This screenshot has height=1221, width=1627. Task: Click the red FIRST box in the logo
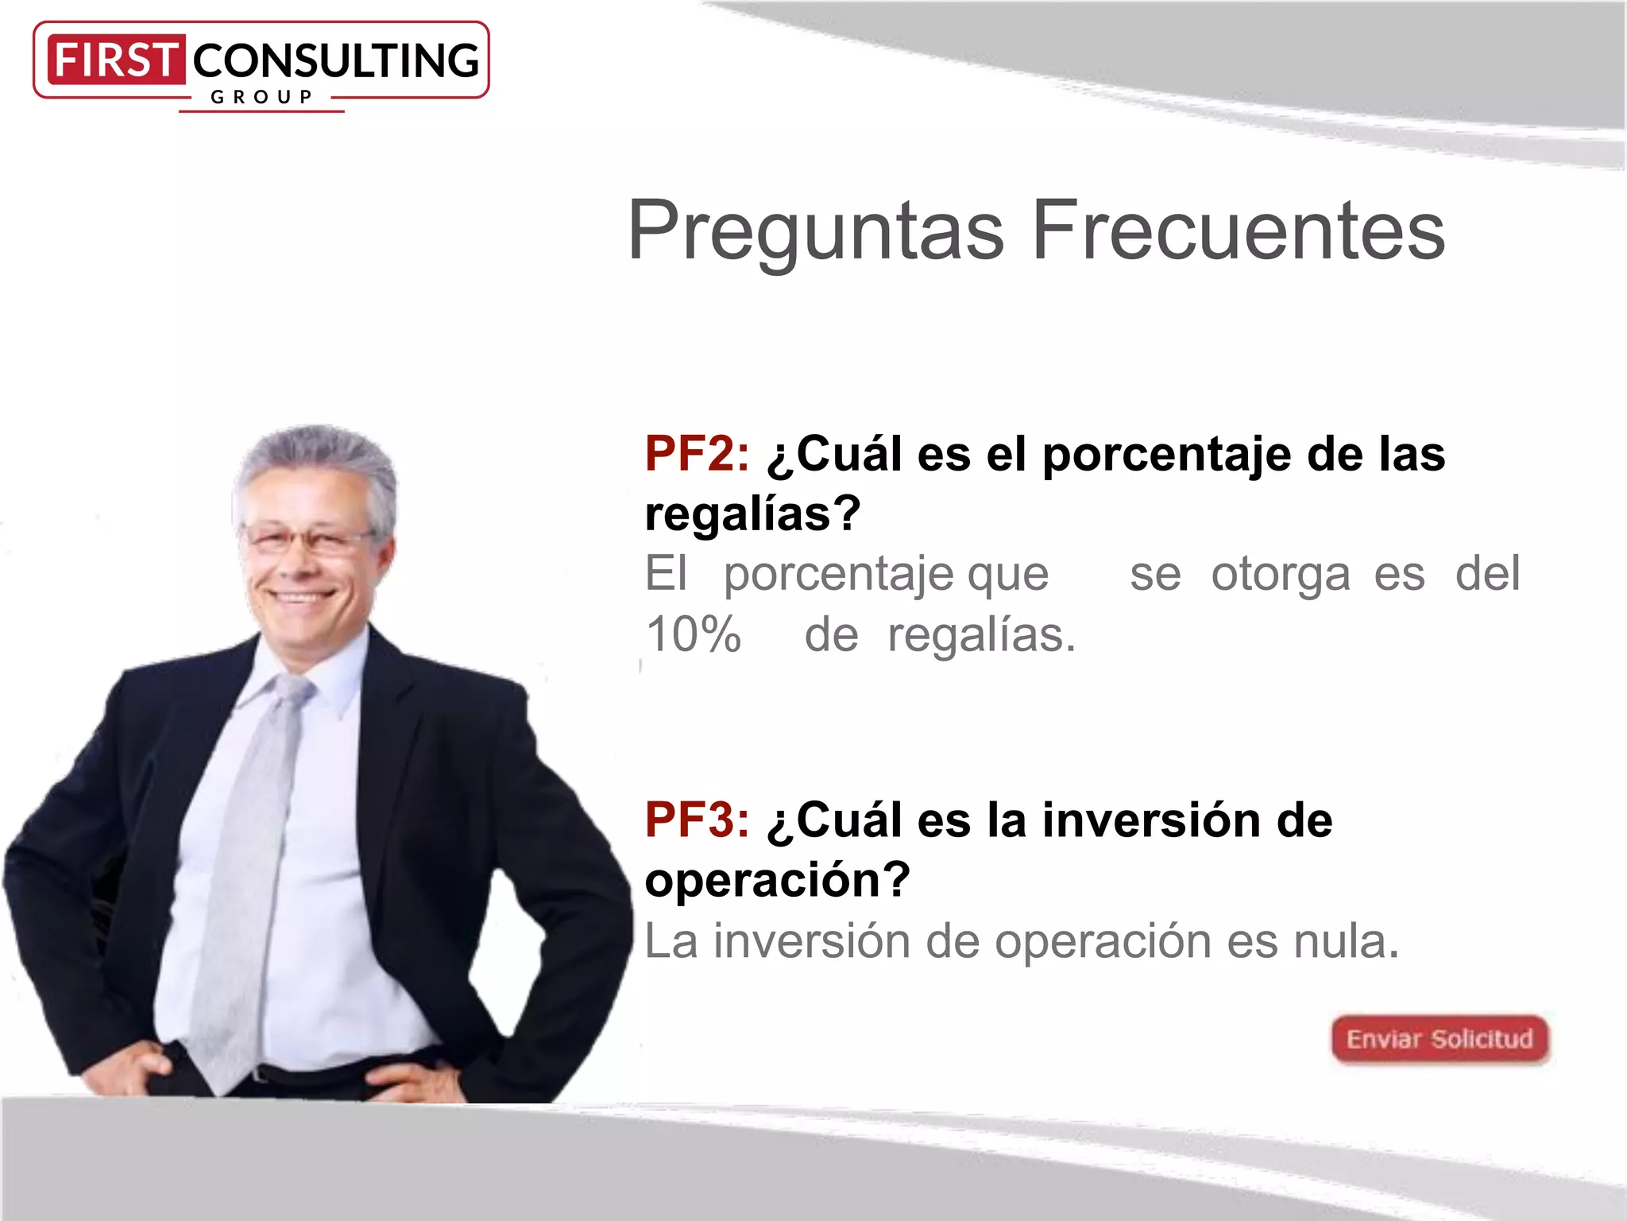116,60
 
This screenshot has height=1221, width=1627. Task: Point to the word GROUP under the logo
261,98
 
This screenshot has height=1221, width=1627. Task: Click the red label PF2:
696,455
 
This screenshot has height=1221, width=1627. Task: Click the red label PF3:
696,820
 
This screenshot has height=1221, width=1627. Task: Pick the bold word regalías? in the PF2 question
752,514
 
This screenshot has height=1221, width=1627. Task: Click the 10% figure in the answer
693,635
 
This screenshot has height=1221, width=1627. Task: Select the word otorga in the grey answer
1280,574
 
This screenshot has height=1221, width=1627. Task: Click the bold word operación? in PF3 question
777,880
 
